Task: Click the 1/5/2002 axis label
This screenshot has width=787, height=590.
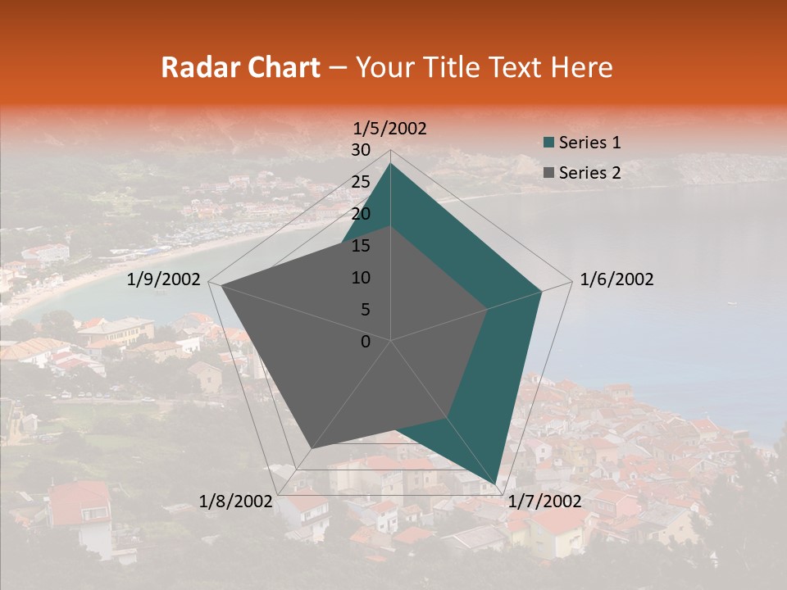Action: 389,129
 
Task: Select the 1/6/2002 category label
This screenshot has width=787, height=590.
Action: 616,279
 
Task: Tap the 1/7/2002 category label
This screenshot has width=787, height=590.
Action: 544,501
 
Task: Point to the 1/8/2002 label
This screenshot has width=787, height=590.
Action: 236,501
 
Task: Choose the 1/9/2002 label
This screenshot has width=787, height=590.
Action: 164,279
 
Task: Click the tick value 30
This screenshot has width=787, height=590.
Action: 361,150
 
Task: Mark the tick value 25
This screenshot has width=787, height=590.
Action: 361,182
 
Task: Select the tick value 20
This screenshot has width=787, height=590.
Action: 361,214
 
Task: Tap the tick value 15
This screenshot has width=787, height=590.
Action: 361,246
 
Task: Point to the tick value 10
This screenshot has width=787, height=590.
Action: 361,278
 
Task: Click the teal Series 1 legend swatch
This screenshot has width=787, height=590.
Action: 548,143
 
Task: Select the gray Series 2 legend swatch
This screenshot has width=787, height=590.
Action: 548,173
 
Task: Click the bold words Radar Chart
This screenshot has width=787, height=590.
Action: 240,68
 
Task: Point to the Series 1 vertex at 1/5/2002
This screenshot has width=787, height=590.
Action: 390,164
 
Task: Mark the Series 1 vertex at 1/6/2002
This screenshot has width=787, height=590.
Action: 541,290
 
